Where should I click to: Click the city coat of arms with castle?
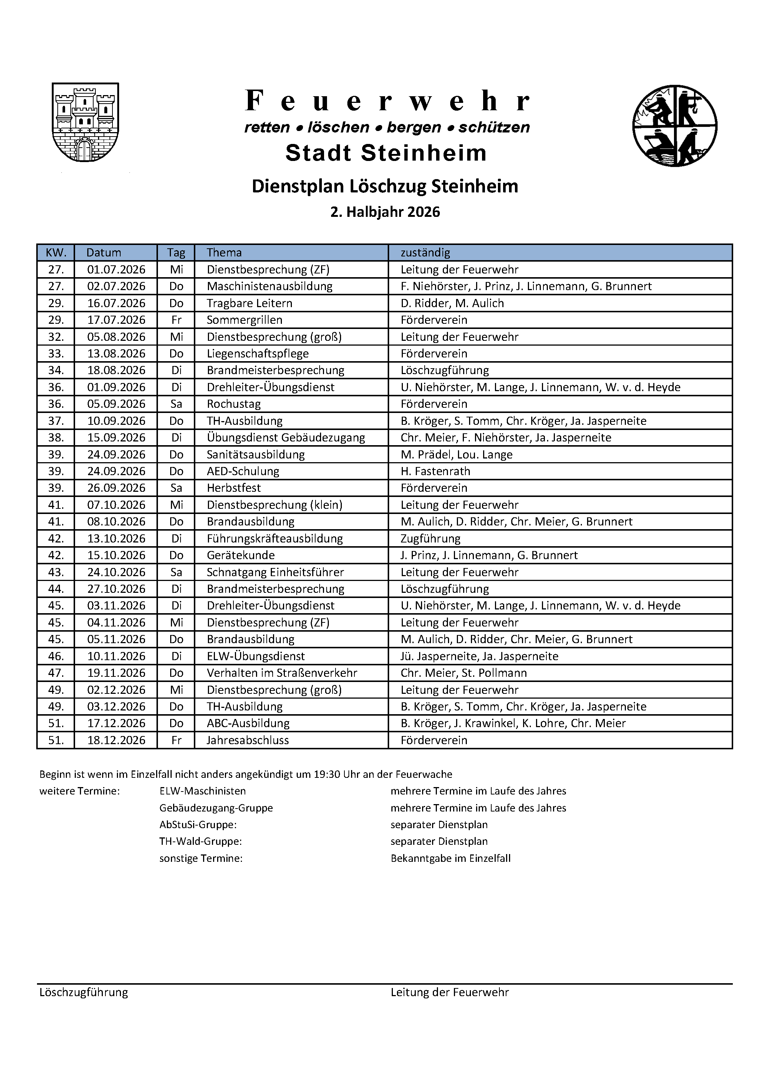(x=85, y=122)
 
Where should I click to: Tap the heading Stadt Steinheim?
(x=386, y=153)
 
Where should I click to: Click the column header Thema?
(x=224, y=253)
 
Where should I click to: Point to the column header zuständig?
(x=425, y=253)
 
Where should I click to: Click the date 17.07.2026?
(x=117, y=320)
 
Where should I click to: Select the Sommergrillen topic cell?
(x=245, y=320)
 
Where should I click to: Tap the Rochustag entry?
(x=234, y=404)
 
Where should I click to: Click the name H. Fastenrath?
(x=435, y=471)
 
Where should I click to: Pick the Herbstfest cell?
(x=234, y=488)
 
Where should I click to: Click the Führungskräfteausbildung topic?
(x=274, y=538)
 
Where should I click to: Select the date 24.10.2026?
(x=117, y=572)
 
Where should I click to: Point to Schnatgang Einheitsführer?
(x=275, y=572)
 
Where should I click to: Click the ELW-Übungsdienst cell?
(x=256, y=656)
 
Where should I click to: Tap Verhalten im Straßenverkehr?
(x=282, y=673)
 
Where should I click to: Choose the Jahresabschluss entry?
(x=248, y=740)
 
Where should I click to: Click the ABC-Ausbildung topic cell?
(x=248, y=723)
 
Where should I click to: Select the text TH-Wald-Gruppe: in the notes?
(x=200, y=841)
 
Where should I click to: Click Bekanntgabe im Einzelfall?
(x=450, y=858)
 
